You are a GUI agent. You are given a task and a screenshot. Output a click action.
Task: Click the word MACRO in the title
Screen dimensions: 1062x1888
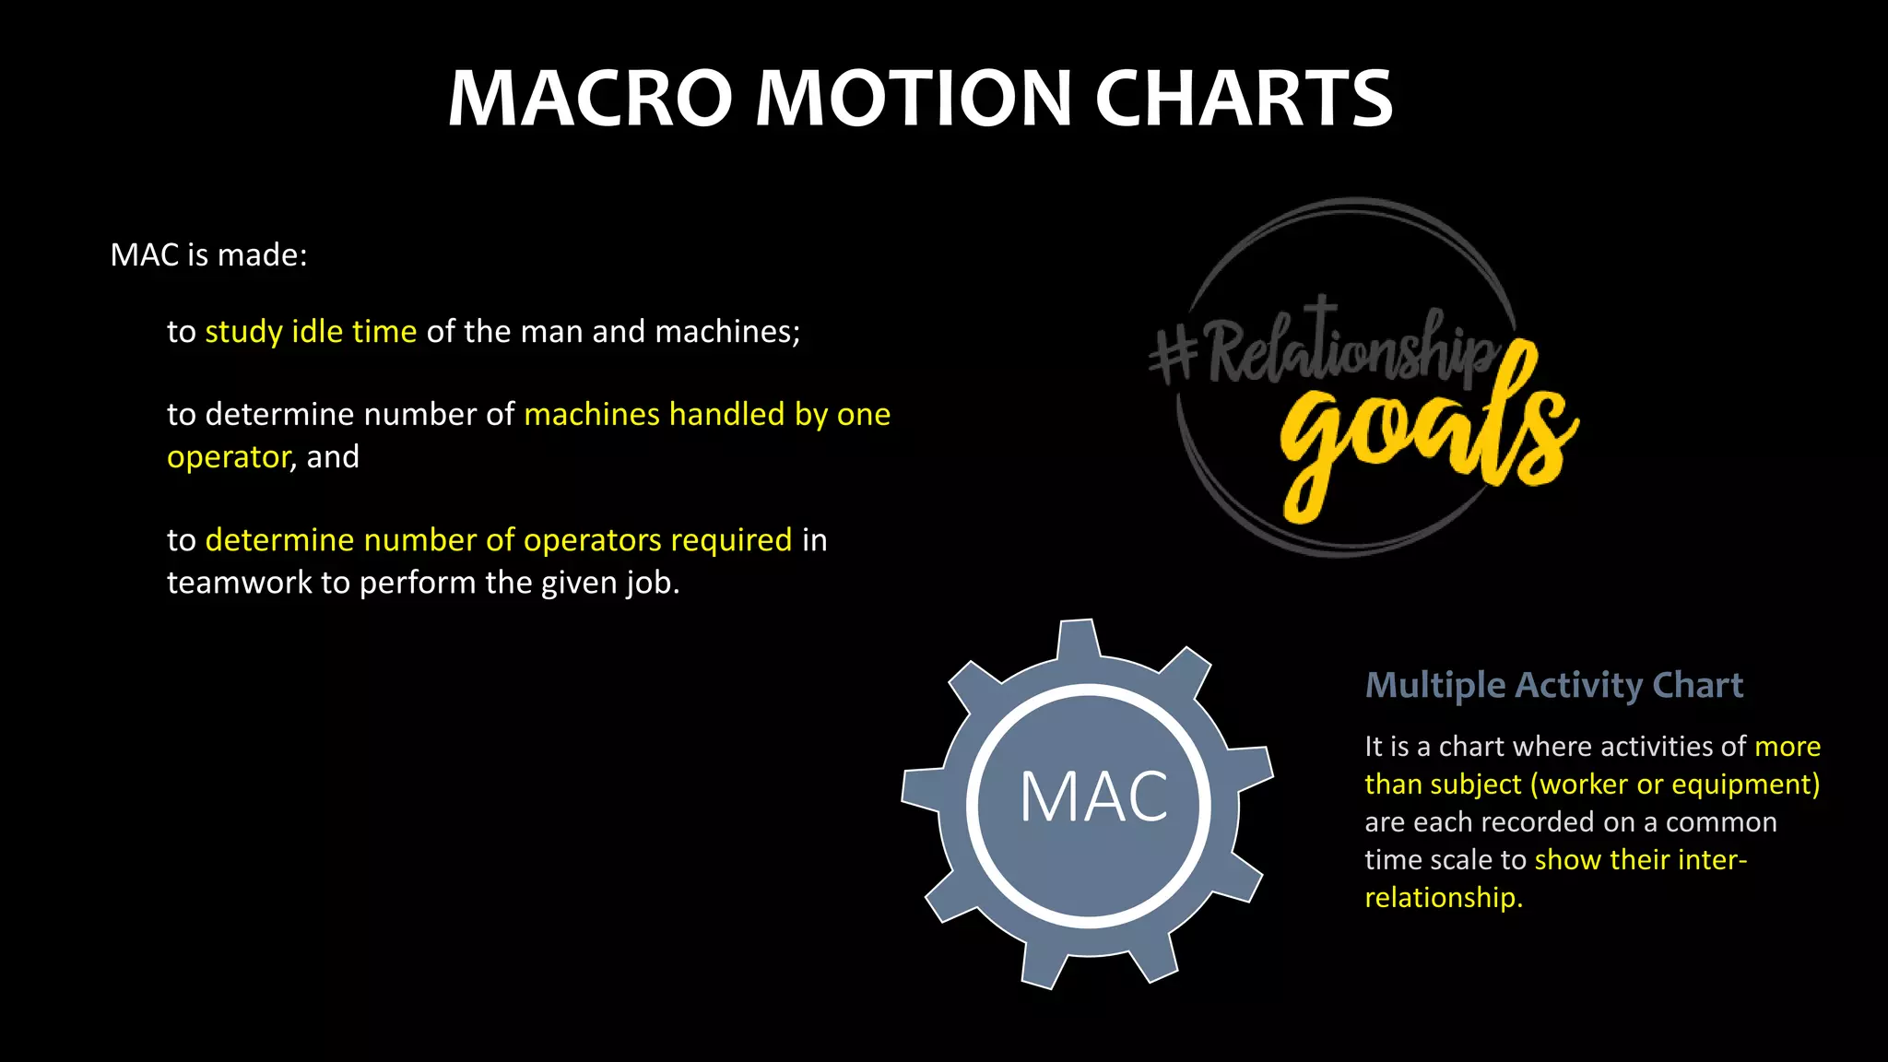click(590, 99)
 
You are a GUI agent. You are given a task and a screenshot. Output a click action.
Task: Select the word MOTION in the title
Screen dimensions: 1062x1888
click(914, 99)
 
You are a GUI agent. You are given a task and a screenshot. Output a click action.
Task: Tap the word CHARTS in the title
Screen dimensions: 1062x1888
click(1244, 99)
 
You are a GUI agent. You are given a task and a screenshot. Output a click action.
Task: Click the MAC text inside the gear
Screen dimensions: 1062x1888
click(1093, 797)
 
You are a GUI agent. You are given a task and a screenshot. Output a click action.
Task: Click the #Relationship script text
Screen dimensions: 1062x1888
click(1327, 351)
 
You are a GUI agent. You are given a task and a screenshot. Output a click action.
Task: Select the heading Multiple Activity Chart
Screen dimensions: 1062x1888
click(1553, 685)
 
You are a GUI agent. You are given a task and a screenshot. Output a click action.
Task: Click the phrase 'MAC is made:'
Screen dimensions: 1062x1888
click(208, 255)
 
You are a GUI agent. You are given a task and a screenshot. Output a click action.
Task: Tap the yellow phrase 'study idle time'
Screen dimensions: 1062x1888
click(311, 332)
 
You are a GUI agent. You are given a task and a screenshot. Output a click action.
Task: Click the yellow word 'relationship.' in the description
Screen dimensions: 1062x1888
click(1443, 898)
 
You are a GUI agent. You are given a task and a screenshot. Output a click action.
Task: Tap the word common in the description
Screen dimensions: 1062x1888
click(1720, 822)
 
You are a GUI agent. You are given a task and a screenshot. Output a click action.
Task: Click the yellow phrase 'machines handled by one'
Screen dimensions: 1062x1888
click(707, 415)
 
